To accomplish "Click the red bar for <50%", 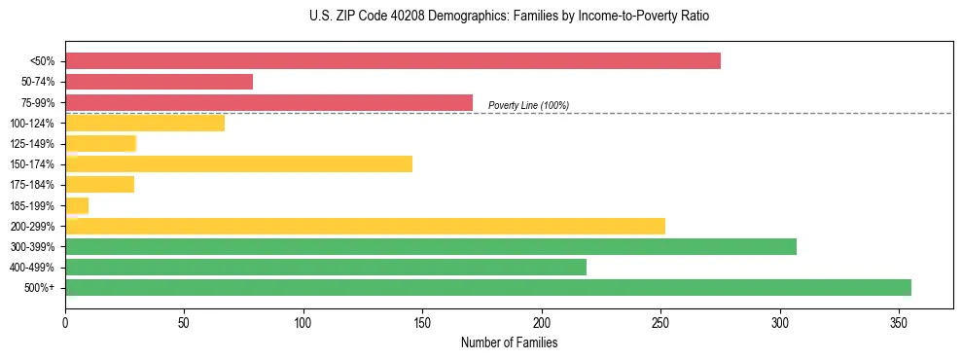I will click(393, 60).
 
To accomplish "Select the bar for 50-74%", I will click(159, 82).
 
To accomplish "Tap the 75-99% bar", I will click(268, 102).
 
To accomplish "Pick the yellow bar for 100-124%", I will click(145, 123).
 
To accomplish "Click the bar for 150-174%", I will click(238, 163).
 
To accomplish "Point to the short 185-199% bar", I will click(77, 205).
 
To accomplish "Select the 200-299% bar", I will click(365, 226).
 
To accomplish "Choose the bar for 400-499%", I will click(326, 267).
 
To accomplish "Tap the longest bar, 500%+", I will click(488, 287).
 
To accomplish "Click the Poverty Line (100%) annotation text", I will click(528, 105).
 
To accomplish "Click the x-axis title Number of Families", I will click(509, 342).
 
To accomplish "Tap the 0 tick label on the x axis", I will click(65, 322).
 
